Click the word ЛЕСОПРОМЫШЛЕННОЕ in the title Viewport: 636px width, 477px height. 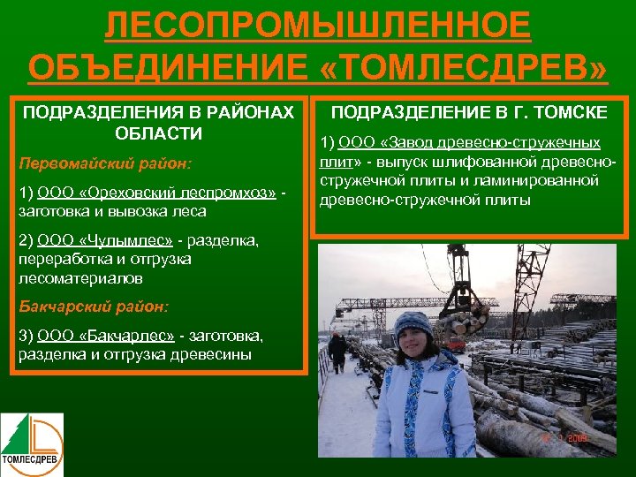(x=318, y=26)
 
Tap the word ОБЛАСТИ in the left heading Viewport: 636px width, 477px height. (x=159, y=133)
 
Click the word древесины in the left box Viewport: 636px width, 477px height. (x=209, y=355)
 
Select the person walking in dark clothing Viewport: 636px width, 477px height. (x=337, y=351)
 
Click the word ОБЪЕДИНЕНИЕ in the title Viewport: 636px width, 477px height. (x=167, y=66)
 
